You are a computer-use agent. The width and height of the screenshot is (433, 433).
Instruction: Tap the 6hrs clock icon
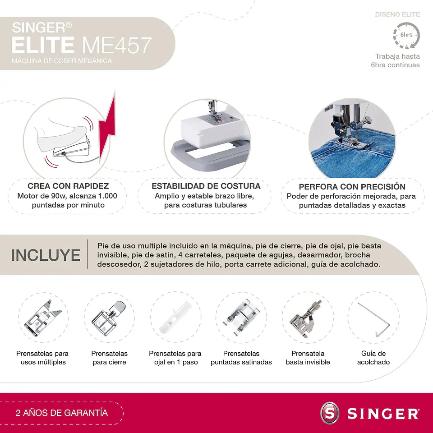tap(406, 35)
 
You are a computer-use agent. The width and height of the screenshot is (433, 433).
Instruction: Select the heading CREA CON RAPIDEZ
tap(68, 186)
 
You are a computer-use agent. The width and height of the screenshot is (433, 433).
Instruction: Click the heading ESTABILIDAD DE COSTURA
tap(206, 186)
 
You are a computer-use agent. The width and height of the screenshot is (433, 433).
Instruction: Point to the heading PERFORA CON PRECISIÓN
tap(352, 187)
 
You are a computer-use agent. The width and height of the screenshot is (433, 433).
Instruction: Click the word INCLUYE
tap(46, 255)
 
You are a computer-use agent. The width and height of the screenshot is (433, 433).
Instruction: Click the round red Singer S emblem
tap(329, 413)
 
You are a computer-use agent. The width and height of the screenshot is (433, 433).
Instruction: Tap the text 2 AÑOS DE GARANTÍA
tap(62, 413)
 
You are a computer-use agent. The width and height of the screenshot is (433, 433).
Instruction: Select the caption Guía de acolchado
tap(373, 358)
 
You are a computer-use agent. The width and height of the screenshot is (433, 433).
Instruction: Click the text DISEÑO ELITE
tap(397, 14)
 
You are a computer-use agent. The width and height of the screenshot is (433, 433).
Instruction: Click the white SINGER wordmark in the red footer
tap(383, 413)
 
